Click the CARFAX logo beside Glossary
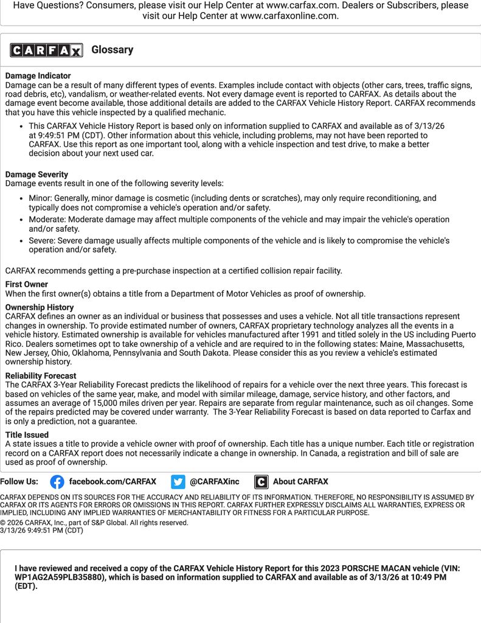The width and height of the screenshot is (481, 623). (46, 50)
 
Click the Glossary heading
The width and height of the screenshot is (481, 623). (112, 50)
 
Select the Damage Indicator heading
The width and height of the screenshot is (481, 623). (38, 76)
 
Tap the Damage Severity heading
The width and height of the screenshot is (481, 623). (36, 175)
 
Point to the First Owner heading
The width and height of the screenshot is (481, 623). (27, 284)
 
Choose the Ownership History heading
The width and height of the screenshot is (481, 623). (40, 307)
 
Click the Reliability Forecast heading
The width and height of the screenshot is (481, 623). (41, 376)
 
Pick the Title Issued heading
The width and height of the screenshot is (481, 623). (27, 435)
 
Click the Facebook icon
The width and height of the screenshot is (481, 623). (57, 482)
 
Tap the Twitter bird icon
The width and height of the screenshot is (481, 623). (178, 482)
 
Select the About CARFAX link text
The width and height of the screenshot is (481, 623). (300, 482)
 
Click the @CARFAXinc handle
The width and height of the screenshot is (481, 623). (215, 482)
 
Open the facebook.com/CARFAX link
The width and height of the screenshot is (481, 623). (112, 482)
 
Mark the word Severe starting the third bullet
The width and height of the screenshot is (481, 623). (42, 241)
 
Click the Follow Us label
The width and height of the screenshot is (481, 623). (19, 482)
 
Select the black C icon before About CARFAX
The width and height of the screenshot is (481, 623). (261, 482)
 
